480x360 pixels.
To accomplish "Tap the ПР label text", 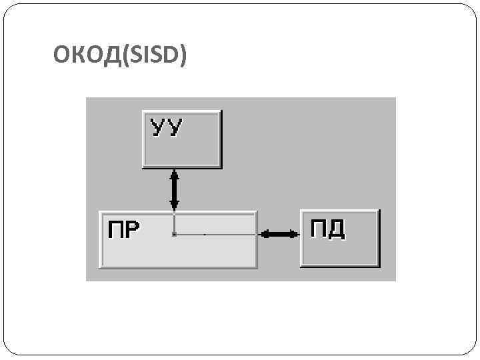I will coord(123,229).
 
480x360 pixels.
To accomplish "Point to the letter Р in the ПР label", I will coord(132,229).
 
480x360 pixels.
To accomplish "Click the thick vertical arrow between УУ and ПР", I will coord(175,191).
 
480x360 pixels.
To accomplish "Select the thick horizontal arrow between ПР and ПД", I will coord(279,234).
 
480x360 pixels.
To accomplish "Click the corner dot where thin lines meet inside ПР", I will coord(174,235).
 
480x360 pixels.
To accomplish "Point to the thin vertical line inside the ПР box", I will coord(174,223).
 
